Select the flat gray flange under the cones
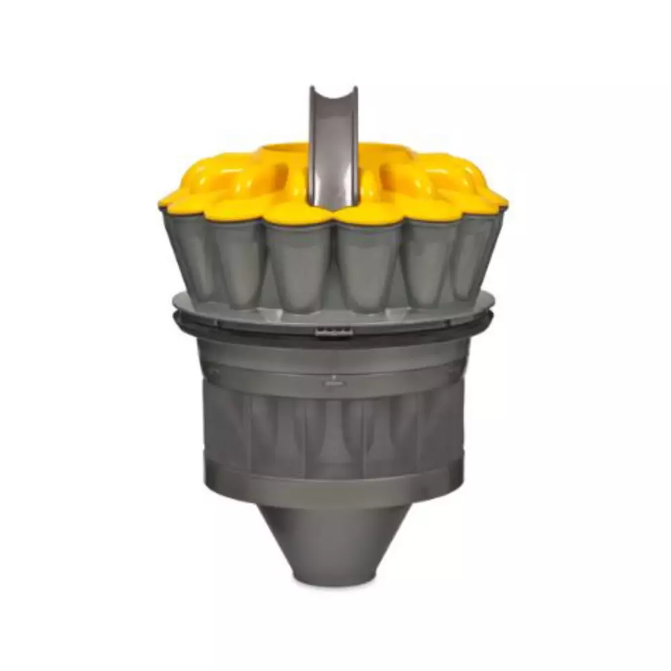coord(201,305)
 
